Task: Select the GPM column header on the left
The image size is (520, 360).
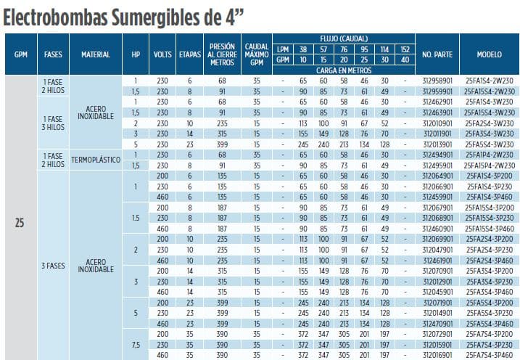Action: click(x=20, y=54)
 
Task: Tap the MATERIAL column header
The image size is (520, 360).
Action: click(x=95, y=54)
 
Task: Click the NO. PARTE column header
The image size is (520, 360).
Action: click(x=437, y=54)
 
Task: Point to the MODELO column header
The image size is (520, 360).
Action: click(x=490, y=54)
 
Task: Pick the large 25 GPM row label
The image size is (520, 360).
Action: click(x=20, y=223)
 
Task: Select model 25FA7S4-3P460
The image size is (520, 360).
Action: click(x=490, y=356)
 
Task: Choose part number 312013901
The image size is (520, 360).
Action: click(x=437, y=144)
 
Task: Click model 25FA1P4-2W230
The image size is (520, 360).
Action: click(x=490, y=154)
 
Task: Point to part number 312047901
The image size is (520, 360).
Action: click(x=437, y=249)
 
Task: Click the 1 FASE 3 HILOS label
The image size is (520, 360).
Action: click(x=53, y=118)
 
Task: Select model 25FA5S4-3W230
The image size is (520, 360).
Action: click(x=490, y=144)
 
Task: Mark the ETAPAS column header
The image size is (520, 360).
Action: click(x=189, y=54)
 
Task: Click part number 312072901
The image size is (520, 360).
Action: click(x=437, y=335)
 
